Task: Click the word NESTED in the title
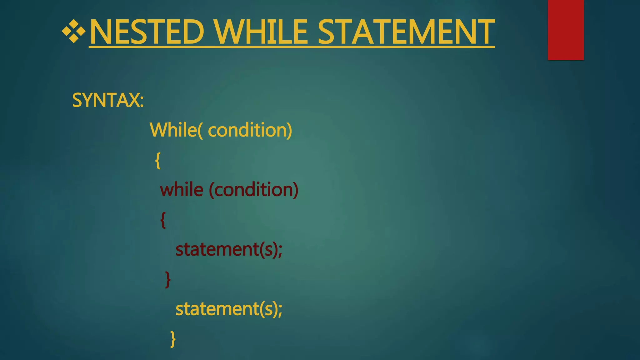(147, 32)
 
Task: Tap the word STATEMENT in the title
(406, 32)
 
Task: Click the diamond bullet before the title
(74, 32)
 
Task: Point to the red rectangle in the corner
(566, 30)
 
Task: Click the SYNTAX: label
(108, 100)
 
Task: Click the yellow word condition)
(250, 130)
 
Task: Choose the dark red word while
(182, 190)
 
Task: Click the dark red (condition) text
(253, 190)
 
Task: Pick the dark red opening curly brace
(163, 220)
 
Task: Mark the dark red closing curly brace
(168, 279)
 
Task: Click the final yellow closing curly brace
(173, 339)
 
